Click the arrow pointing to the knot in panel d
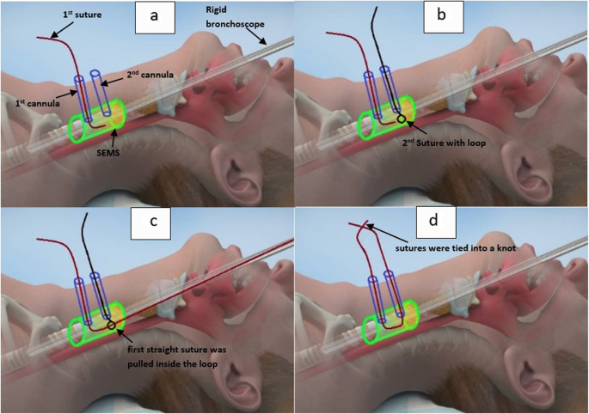pyautogui.click(x=378, y=232)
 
